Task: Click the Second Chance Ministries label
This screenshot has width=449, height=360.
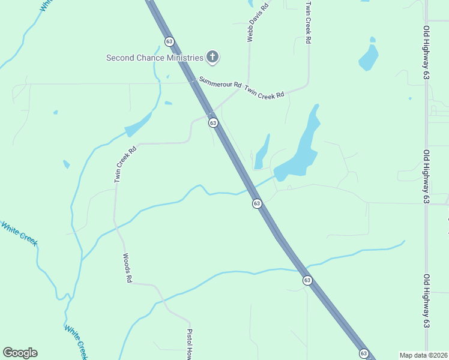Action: [155, 58]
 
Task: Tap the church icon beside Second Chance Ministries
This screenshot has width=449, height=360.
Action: [212, 57]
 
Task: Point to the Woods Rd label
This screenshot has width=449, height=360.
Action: [127, 268]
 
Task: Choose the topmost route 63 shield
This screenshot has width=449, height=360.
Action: [169, 41]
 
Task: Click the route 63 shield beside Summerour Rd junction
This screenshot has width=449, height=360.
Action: [213, 122]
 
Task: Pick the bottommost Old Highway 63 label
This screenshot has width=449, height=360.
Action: [427, 301]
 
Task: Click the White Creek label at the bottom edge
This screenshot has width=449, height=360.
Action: [76, 342]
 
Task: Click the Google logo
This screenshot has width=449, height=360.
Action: [20, 353]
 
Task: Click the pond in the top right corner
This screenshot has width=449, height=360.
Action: [369, 56]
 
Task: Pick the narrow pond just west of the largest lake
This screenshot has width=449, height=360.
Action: [262, 153]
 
